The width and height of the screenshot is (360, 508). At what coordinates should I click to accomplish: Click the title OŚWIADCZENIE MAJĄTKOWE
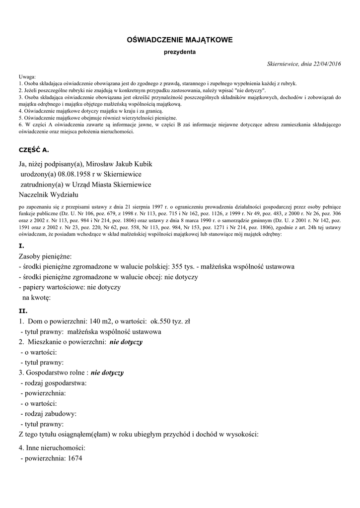tap(180, 39)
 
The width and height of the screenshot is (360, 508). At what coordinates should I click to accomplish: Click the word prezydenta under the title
tap(180, 52)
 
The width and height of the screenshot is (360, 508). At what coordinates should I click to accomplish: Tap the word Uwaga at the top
tap(27, 77)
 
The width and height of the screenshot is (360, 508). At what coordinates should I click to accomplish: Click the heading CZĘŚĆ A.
tap(34, 149)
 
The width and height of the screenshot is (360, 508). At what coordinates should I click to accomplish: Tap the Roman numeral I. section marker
tap(21, 246)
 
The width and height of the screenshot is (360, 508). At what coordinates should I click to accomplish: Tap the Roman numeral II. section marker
tap(23, 311)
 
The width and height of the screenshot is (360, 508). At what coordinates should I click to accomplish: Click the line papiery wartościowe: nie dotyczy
tap(70, 287)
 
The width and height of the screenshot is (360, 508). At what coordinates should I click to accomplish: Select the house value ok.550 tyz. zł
tap(170, 321)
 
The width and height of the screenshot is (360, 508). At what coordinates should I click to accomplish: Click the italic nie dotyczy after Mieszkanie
tap(126, 342)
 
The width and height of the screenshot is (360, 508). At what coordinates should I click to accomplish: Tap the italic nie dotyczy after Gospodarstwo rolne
tap(107, 373)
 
